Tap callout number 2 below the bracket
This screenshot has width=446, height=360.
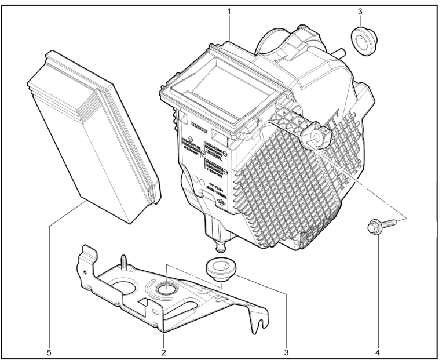(164, 352)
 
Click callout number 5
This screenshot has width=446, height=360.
(49, 352)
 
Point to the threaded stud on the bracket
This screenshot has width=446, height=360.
(123, 261)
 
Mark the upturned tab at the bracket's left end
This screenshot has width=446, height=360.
(86, 255)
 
